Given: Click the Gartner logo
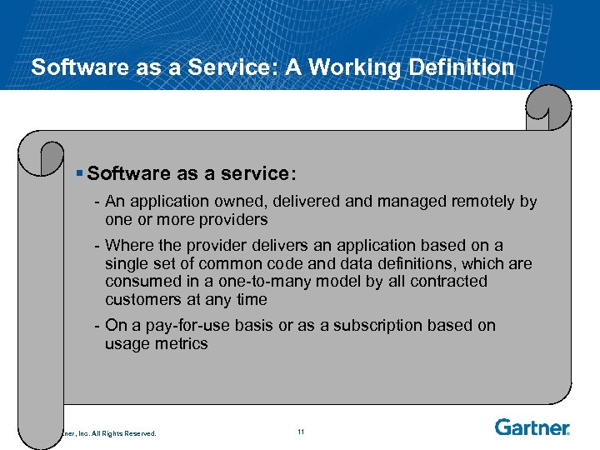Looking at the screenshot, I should point(532,427).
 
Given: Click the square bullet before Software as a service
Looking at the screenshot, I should point(79,173).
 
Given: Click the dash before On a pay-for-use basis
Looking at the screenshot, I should point(98,326).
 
